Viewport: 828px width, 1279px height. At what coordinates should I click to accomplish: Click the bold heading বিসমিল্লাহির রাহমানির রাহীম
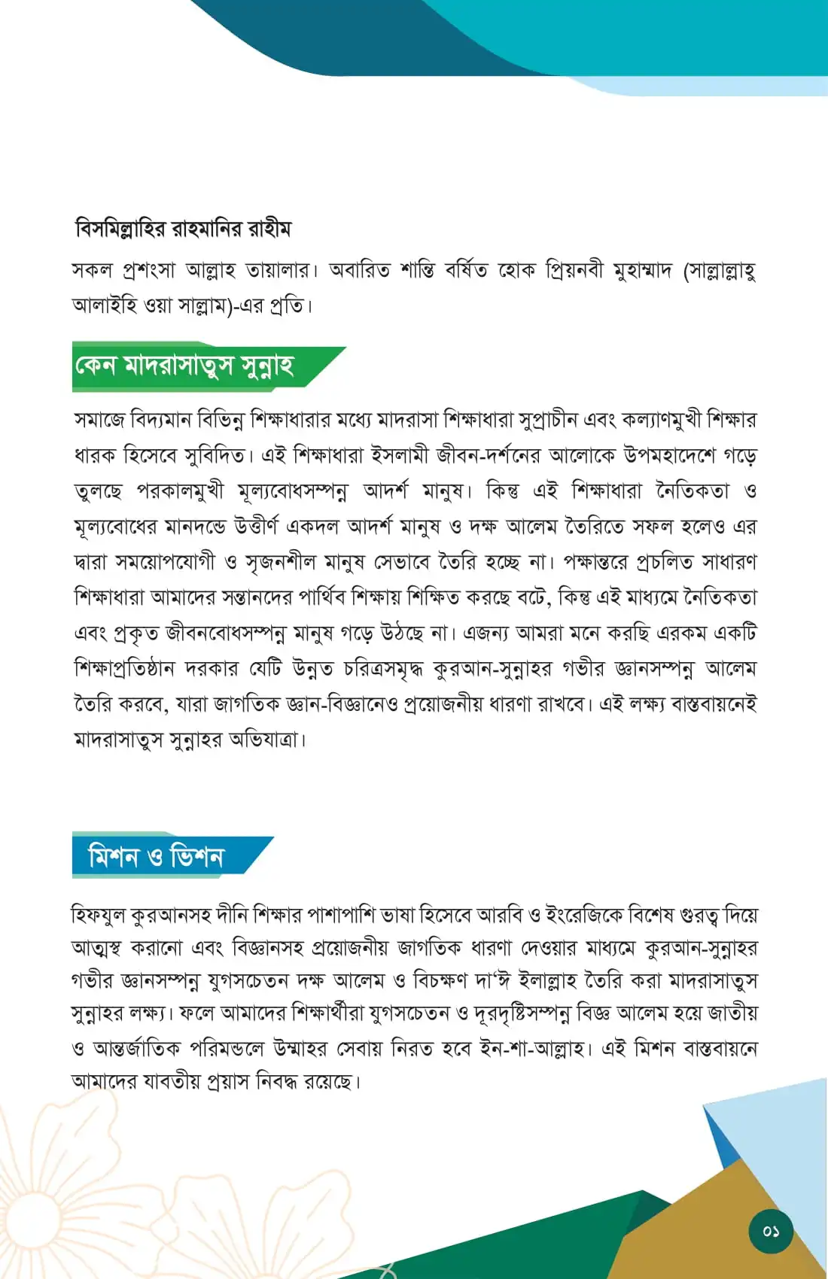pos(183,228)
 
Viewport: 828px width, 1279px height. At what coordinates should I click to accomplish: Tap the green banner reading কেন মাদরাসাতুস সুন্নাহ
pos(184,366)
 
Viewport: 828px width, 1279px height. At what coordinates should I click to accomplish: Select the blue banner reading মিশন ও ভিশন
pos(156,857)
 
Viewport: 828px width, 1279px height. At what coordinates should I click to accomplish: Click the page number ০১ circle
pos(770,1232)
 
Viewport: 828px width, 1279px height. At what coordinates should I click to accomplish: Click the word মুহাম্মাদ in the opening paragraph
pos(641,270)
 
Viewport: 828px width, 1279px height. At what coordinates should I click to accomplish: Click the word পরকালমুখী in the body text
pos(181,491)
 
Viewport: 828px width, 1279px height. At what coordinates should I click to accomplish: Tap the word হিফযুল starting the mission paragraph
pos(98,915)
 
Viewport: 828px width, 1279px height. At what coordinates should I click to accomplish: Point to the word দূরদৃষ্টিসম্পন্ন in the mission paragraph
pos(522,1014)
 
